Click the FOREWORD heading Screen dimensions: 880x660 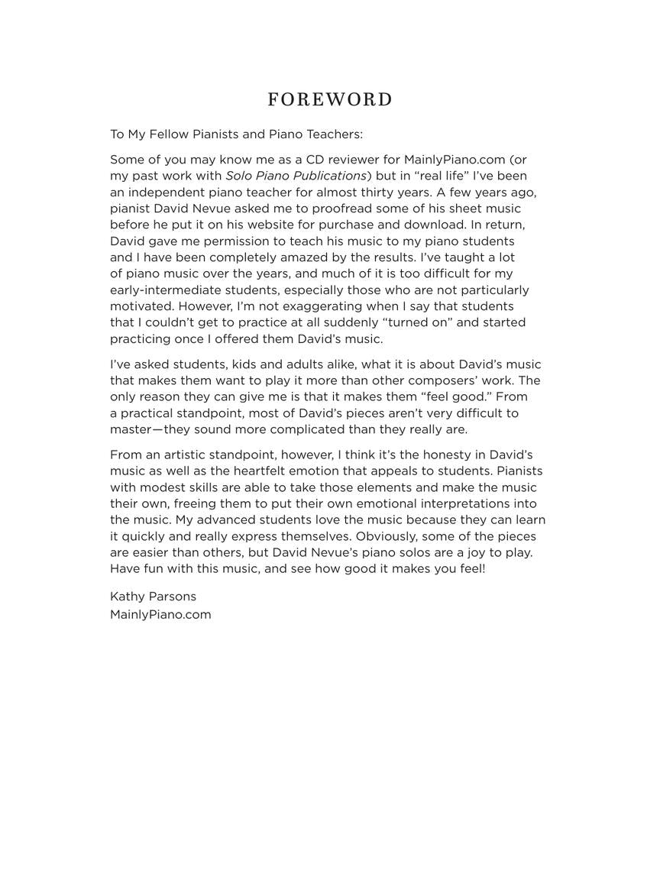pos(330,100)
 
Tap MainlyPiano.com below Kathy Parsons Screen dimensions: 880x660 pos(160,614)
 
